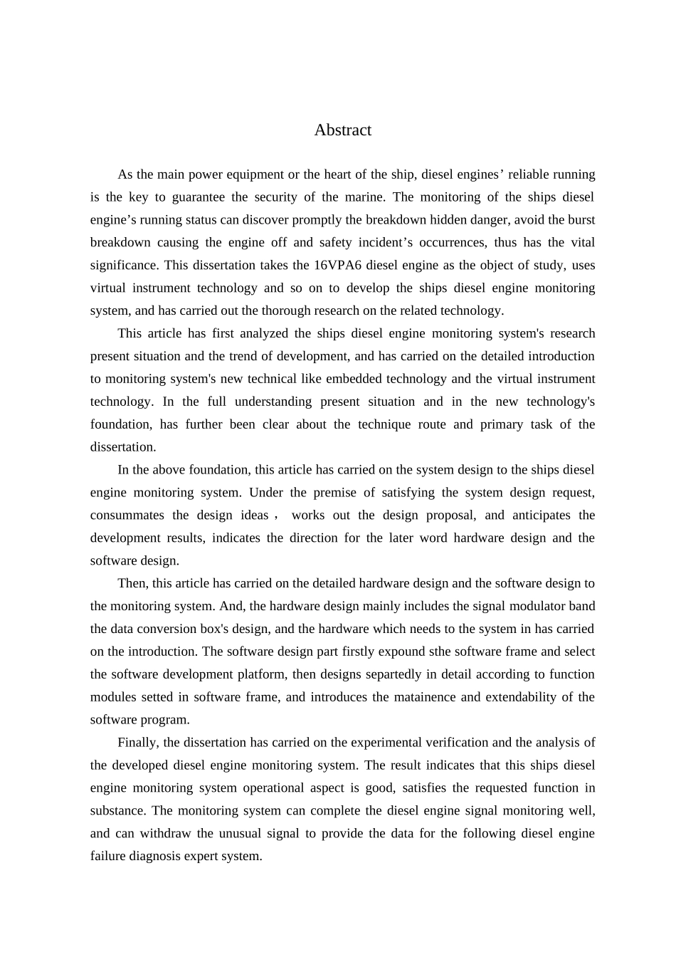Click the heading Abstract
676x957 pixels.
click(x=342, y=130)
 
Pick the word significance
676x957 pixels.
click(x=123, y=266)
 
